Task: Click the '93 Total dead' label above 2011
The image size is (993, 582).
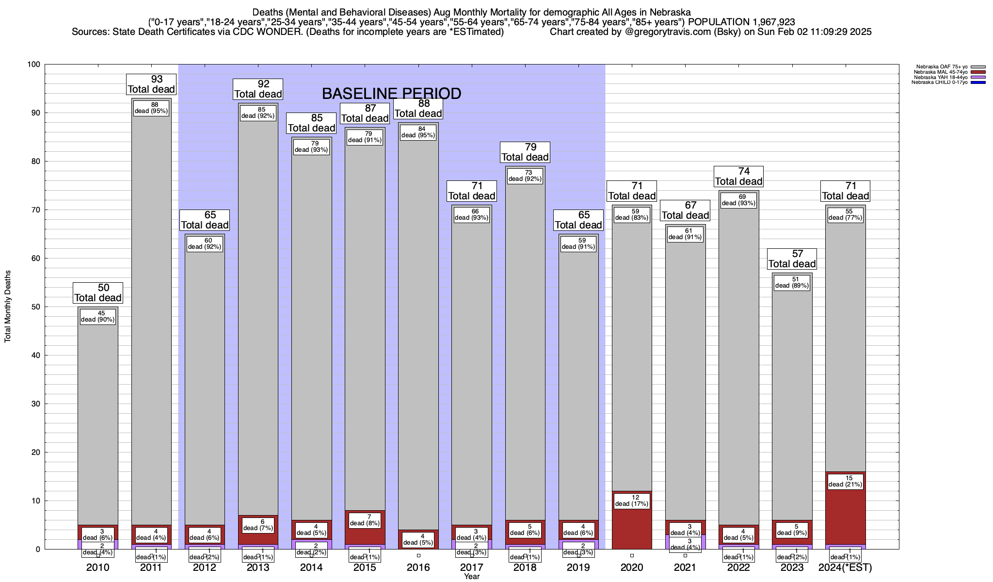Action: coord(151,84)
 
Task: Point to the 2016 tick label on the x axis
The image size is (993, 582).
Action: coord(418,567)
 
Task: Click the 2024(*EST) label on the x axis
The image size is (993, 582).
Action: coord(845,567)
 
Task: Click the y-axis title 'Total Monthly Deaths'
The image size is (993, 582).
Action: coord(8,307)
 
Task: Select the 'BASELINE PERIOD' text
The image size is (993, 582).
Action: coord(391,94)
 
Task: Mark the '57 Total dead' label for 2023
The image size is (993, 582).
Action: coord(792,259)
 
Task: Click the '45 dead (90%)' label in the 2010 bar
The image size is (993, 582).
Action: coord(98,317)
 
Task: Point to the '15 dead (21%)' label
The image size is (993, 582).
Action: coord(845,481)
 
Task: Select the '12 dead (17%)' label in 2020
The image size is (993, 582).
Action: coord(632,501)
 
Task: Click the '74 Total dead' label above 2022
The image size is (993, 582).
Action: coord(739,177)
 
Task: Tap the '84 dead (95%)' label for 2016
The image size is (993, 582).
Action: coord(418,132)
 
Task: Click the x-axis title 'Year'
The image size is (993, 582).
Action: coord(471,577)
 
